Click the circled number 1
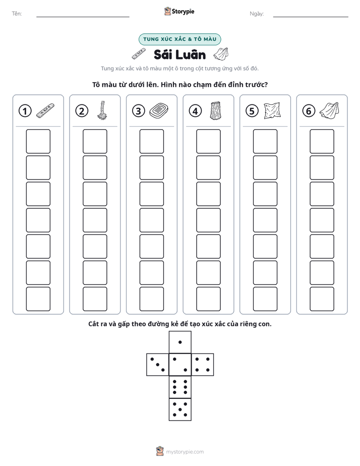click(x=25, y=111)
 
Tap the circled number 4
click(x=195, y=111)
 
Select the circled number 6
click(x=309, y=111)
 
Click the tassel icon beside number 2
click(x=102, y=110)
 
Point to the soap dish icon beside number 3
click(x=159, y=110)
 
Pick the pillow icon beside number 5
click(x=272, y=111)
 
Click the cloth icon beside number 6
click(x=329, y=110)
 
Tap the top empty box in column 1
click(x=38, y=141)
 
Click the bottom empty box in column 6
click(x=322, y=299)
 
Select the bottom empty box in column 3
click(x=151, y=299)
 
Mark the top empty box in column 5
click(x=265, y=141)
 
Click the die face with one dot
click(x=180, y=342)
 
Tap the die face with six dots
click(x=180, y=387)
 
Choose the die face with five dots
click(x=180, y=409)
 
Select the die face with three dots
click(x=158, y=364)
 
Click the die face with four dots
click(x=203, y=364)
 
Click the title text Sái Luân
click(x=179, y=54)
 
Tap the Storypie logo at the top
click(x=179, y=11)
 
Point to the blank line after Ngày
click(x=311, y=17)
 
